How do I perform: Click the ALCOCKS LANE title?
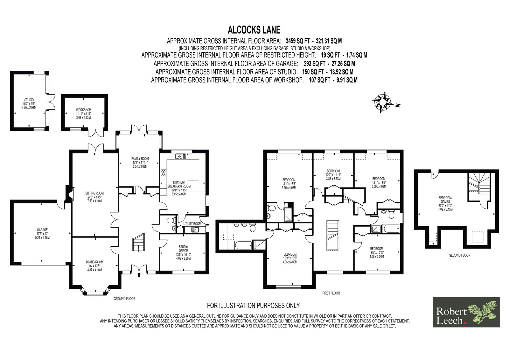tap(254, 30)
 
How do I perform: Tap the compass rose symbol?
tap(383, 102)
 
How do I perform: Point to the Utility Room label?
tap(192, 223)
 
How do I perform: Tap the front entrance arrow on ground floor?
tap(139, 275)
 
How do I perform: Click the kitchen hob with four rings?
tap(164, 173)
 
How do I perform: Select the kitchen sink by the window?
tap(180, 156)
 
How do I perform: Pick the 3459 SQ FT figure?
tap(298, 41)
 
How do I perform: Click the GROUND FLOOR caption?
tap(124, 299)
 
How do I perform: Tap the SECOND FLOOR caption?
tap(460, 255)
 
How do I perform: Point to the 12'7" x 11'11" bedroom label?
tap(333, 175)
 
